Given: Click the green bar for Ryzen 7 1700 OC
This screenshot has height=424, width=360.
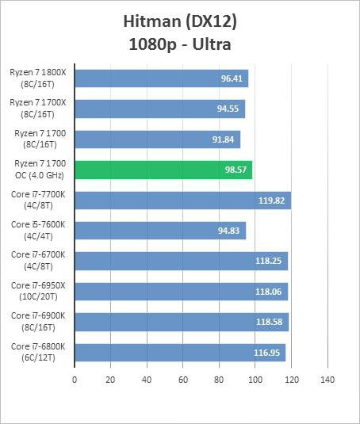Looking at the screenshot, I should pos(163,170).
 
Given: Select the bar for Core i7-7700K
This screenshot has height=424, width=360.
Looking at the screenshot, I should pos(182,200).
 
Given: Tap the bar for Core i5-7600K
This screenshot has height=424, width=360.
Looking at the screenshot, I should pos(160,231).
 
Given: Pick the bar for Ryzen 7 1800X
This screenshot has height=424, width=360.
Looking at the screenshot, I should pos(161,78).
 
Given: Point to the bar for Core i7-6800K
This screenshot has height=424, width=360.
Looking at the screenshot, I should pos(180,352).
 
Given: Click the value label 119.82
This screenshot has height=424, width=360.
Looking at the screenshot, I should pos(271,201).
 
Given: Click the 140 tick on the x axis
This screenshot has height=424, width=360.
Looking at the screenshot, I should pos(327,379).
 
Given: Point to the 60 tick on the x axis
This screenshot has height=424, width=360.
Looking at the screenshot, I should pos(182,379).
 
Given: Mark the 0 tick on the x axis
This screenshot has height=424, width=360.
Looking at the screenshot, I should pos(75,379).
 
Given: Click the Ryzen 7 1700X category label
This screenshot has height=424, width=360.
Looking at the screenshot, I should pos(38,109).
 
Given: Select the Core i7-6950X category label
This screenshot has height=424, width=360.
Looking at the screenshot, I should pos(38,291).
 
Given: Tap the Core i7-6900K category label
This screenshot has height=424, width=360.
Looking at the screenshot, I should pos(38,321).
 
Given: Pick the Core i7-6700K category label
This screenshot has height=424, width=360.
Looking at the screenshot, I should pos(38,260).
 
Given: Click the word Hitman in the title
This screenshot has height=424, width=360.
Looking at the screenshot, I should pos(153,20).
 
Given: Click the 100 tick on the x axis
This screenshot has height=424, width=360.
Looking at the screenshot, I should pos(255,379).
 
